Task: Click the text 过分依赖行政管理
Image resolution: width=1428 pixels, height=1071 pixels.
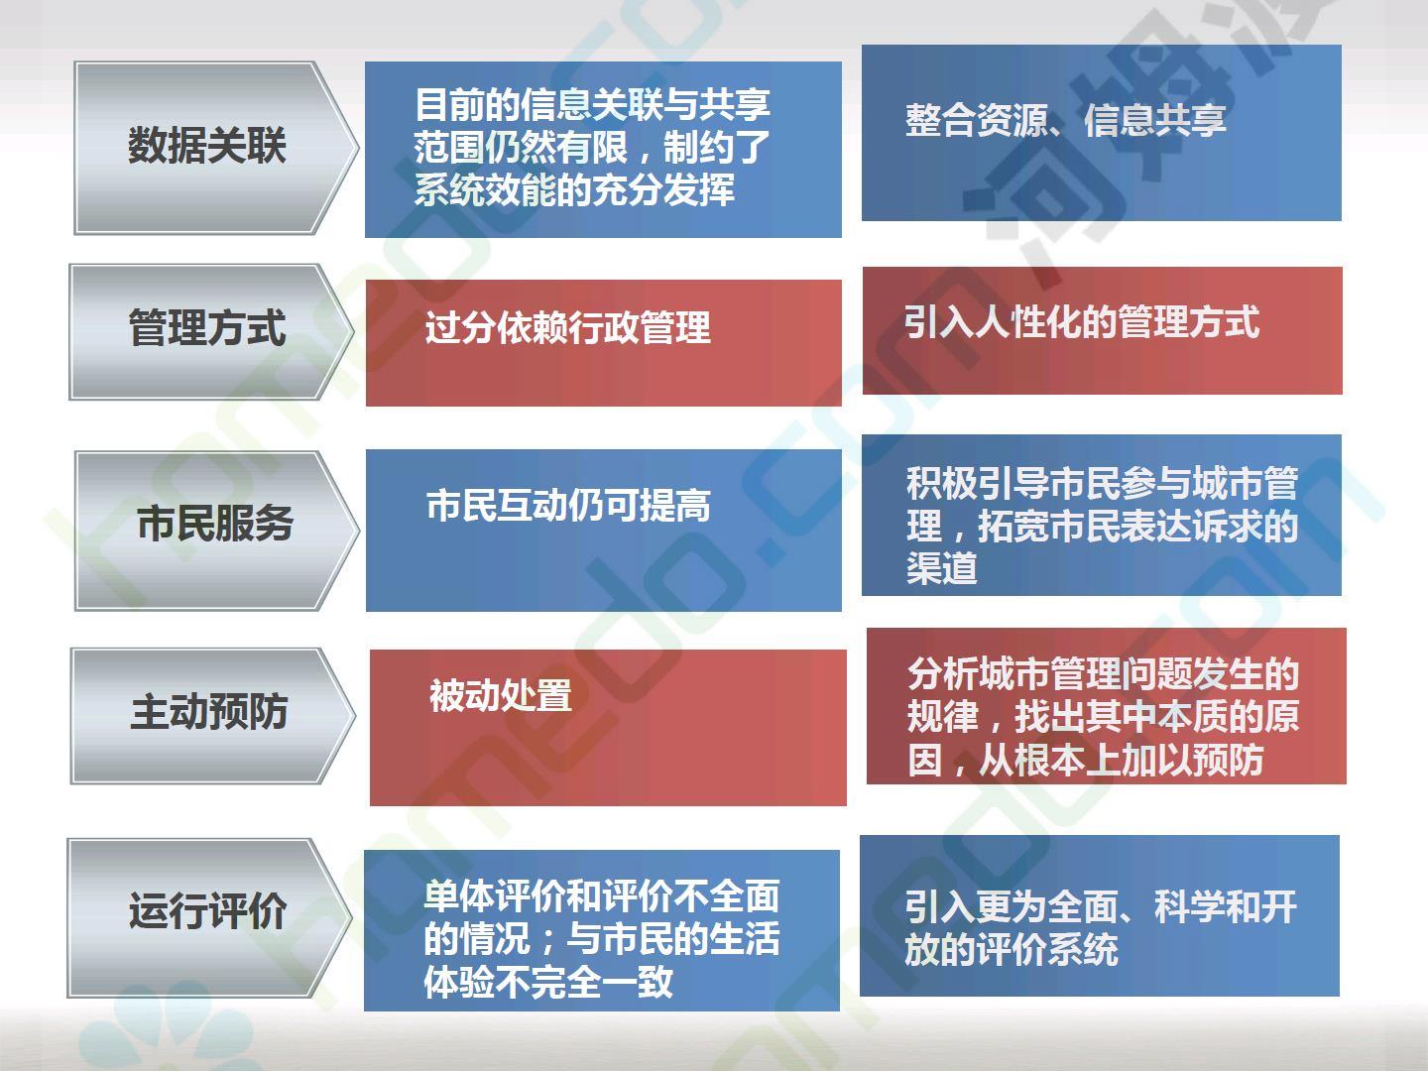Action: click(568, 327)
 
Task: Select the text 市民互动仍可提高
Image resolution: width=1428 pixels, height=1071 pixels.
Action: click(568, 506)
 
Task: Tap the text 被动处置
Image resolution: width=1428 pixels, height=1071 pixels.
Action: click(500, 695)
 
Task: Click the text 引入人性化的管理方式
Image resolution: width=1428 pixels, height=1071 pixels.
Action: click(1082, 322)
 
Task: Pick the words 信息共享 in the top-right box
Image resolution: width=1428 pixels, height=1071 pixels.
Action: click(1155, 120)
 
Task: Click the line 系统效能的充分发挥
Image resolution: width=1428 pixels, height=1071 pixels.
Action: click(574, 189)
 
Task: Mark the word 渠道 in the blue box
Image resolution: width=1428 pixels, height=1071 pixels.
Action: click(942, 567)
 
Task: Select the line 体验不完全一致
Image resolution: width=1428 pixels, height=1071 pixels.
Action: click(548, 982)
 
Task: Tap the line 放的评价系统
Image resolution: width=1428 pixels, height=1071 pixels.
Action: click(1011, 949)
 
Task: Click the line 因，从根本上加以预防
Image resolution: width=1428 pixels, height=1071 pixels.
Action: click(1085, 759)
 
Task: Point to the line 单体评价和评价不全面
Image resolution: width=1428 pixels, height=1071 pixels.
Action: click(602, 895)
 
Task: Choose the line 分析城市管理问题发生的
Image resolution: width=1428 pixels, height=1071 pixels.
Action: click(1104, 673)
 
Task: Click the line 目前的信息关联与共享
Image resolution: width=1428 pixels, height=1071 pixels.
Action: click(593, 104)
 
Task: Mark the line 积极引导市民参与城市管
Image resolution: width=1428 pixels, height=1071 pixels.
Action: click(1103, 483)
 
